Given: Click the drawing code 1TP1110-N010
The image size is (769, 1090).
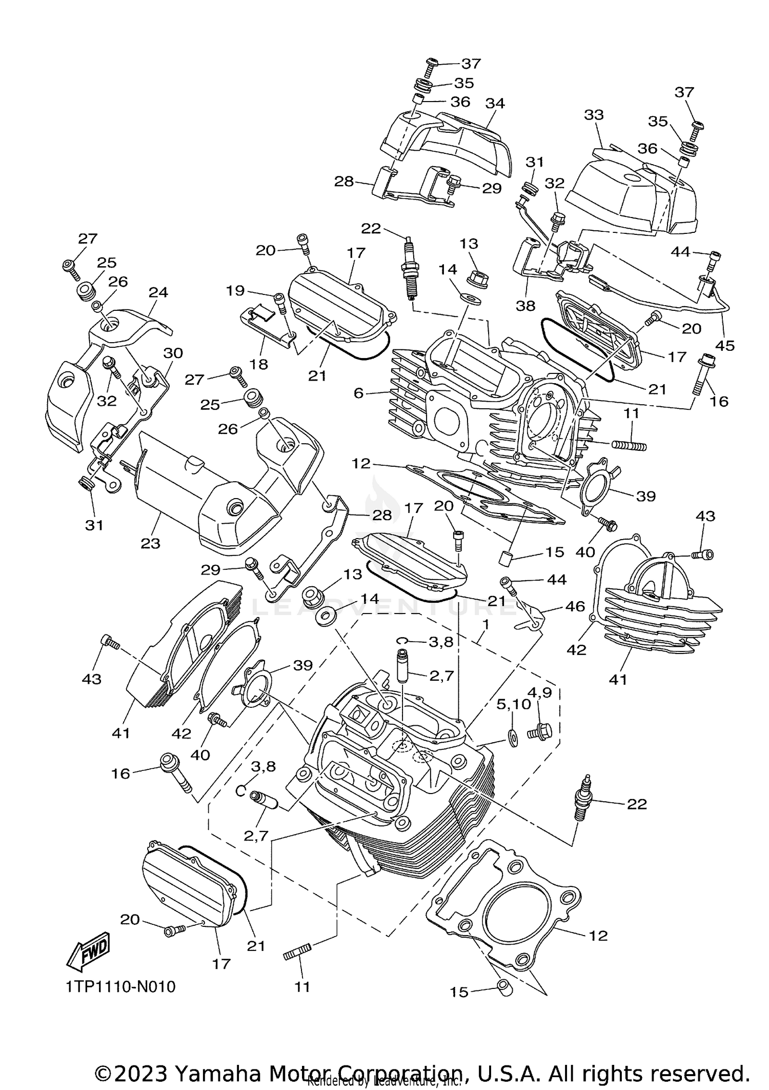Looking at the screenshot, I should pyautogui.click(x=120, y=986).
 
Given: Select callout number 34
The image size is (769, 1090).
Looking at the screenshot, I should pyautogui.click(x=495, y=103).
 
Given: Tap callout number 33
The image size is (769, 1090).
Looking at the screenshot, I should pyautogui.click(x=594, y=114).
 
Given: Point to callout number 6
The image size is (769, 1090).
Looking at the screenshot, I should pyautogui.click(x=358, y=393).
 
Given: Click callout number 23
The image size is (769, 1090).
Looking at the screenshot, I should pyautogui.click(x=150, y=543).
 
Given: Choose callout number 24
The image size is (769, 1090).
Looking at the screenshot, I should pyautogui.click(x=158, y=292).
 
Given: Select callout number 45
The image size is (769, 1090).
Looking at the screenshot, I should pyautogui.click(x=725, y=345).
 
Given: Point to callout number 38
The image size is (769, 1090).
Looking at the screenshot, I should pyautogui.click(x=526, y=306).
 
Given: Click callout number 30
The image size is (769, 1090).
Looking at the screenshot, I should pyautogui.click(x=173, y=353).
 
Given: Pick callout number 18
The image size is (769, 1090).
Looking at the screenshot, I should pyautogui.click(x=259, y=364).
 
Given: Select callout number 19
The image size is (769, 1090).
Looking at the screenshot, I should pyautogui.click(x=235, y=291).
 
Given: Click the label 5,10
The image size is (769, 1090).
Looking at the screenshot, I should pyautogui.click(x=513, y=704).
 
